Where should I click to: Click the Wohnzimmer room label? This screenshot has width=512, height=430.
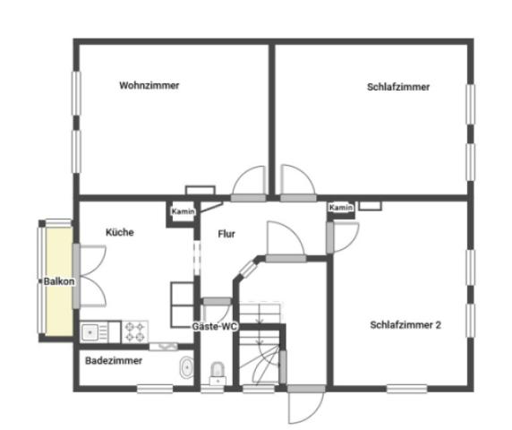click(x=149, y=86)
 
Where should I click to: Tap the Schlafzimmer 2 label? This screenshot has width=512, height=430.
click(x=405, y=325)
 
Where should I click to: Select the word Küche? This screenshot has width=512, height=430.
click(x=120, y=232)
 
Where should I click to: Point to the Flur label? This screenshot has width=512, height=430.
click(x=226, y=234)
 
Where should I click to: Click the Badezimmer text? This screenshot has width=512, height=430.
click(x=114, y=360)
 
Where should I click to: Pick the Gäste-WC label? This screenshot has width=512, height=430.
click(x=214, y=327)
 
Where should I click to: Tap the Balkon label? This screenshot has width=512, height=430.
click(x=60, y=280)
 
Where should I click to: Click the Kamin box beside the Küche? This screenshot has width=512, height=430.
click(x=183, y=212)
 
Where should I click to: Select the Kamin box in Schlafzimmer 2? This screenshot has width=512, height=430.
click(x=341, y=208)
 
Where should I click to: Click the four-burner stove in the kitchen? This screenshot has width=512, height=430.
click(x=136, y=331)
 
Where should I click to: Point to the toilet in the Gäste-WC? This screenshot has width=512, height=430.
click(x=217, y=372)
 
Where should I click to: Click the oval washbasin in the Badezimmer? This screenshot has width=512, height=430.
click(x=186, y=367)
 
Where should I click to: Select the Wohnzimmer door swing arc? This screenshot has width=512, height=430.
click(x=251, y=183)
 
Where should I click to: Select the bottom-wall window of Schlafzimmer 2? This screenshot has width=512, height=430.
click(x=405, y=388)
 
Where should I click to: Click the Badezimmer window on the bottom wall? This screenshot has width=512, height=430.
click(x=155, y=388)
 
